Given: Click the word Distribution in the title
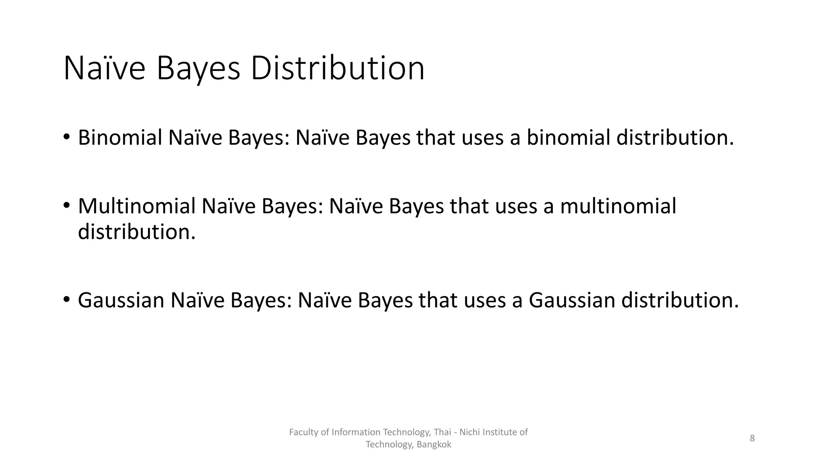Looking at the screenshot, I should (337, 69).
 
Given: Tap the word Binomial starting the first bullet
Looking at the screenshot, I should (120, 138).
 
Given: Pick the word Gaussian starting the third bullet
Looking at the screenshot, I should (121, 300).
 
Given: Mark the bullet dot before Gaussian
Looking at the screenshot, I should (66, 300).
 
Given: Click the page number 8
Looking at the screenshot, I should (752, 438).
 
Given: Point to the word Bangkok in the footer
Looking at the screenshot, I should (434, 445).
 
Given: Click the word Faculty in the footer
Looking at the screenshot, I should (304, 432).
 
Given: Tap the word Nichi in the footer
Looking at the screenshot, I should (470, 432).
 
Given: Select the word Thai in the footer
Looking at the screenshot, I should (442, 432).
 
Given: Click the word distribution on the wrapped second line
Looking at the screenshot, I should (137, 232).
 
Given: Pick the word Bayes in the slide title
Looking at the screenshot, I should (198, 69).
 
